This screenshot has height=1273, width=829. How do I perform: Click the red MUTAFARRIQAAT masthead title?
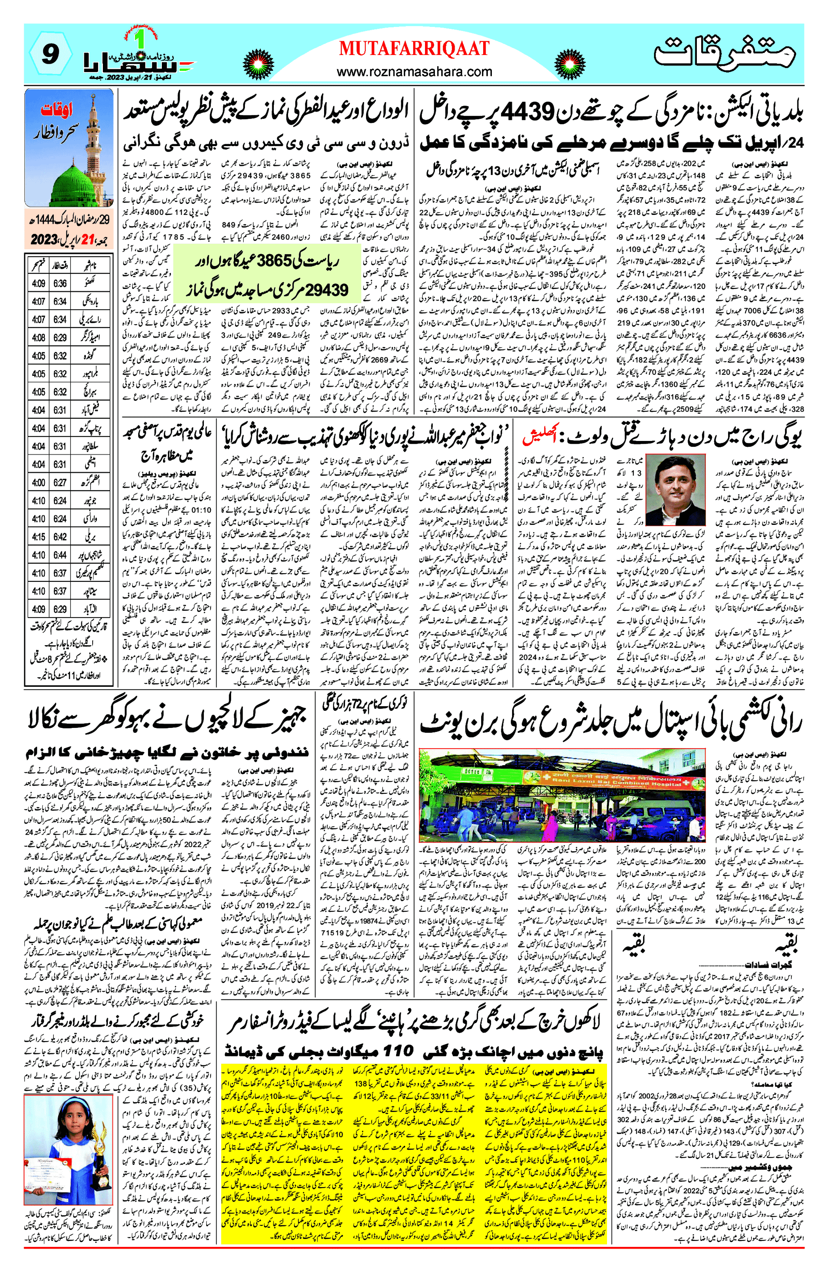tap(414, 49)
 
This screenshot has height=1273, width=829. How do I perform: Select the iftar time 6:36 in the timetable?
tap(60, 283)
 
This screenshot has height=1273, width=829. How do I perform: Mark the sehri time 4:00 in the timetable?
tap(38, 483)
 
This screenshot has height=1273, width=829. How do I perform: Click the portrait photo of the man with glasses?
tap(675, 489)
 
